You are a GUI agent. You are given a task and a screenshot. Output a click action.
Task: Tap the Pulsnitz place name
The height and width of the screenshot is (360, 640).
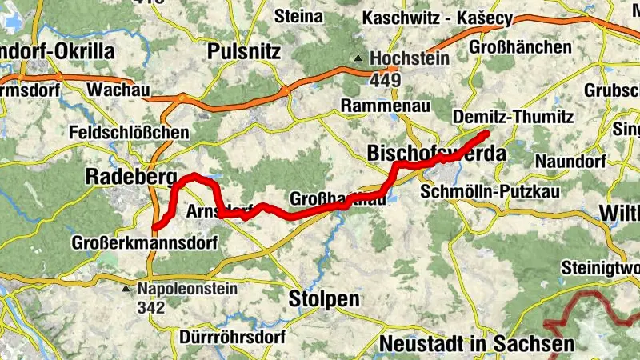click(x=243, y=52)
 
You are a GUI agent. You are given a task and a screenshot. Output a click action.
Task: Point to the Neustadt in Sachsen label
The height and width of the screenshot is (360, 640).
click(x=478, y=344)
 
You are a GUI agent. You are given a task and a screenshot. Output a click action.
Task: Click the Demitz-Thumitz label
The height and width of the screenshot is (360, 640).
click(x=514, y=118)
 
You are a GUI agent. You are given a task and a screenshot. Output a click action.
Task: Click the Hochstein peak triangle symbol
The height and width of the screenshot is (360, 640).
click(x=361, y=58)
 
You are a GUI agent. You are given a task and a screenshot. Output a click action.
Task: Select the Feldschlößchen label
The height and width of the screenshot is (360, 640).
click(x=130, y=132)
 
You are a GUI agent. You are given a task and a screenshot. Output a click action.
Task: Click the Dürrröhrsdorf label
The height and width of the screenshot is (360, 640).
click(x=232, y=337)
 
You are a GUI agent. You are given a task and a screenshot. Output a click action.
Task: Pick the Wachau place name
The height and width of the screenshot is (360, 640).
click(x=119, y=90)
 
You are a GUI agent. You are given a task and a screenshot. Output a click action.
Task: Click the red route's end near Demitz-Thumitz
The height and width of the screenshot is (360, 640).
click(x=487, y=131)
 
